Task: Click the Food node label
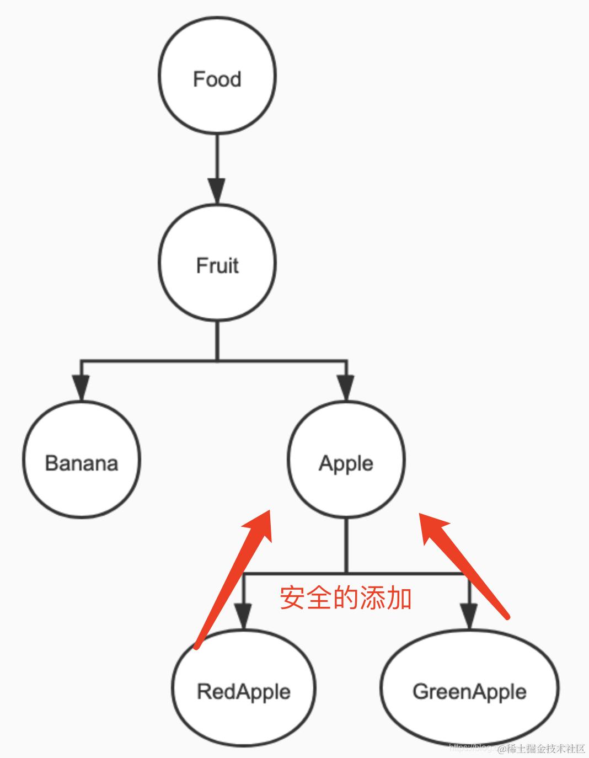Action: [217, 79]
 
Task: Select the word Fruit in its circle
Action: [217, 266]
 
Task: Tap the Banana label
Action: [82, 463]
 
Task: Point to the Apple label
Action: [346, 463]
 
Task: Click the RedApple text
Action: [244, 691]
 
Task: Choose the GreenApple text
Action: [469, 691]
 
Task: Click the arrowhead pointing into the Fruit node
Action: [217, 190]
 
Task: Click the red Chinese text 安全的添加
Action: [346, 598]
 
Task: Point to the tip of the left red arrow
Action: [269, 511]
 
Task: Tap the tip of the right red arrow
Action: [421, 514]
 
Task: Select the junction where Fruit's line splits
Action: [217, 361]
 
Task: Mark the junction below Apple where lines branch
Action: [346, 574]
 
